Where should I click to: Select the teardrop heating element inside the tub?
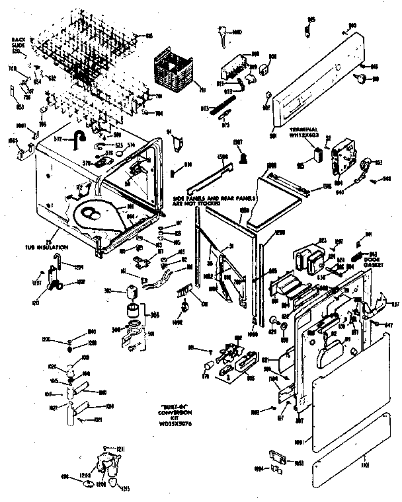(x=99, y=218)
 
